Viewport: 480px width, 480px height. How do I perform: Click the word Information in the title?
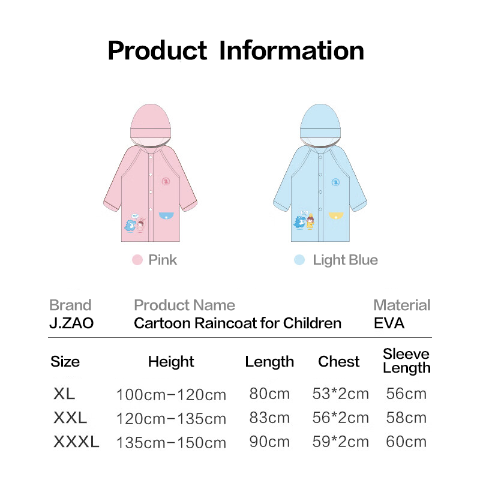point(292,51)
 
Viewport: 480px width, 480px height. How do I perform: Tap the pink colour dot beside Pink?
point(137,260)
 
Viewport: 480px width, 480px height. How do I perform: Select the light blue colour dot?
point(299,260)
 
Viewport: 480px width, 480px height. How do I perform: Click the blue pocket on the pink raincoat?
point(166,216)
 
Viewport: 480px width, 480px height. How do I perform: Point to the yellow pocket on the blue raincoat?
point(336,216)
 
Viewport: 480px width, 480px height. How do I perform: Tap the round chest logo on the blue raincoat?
point(336,182)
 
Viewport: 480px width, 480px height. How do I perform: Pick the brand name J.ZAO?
point(71,323)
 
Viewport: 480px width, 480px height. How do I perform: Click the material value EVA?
point(389,323)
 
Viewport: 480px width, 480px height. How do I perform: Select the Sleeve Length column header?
point(407,361)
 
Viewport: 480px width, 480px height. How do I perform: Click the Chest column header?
point(338,362)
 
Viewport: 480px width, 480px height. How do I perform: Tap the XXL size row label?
point(70,418)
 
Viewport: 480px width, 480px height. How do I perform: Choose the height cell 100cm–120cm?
point(171,395)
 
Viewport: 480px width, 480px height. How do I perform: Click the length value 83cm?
point(269,418)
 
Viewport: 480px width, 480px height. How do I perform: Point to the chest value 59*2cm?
point(340,442)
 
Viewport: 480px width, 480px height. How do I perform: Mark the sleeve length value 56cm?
point(406,394)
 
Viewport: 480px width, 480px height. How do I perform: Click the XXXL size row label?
point(76,442)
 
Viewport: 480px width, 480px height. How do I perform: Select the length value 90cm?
point(269,442)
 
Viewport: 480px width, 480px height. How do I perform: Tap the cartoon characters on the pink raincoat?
point(135,223)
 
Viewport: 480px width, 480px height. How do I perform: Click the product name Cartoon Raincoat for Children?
point(238,323)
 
